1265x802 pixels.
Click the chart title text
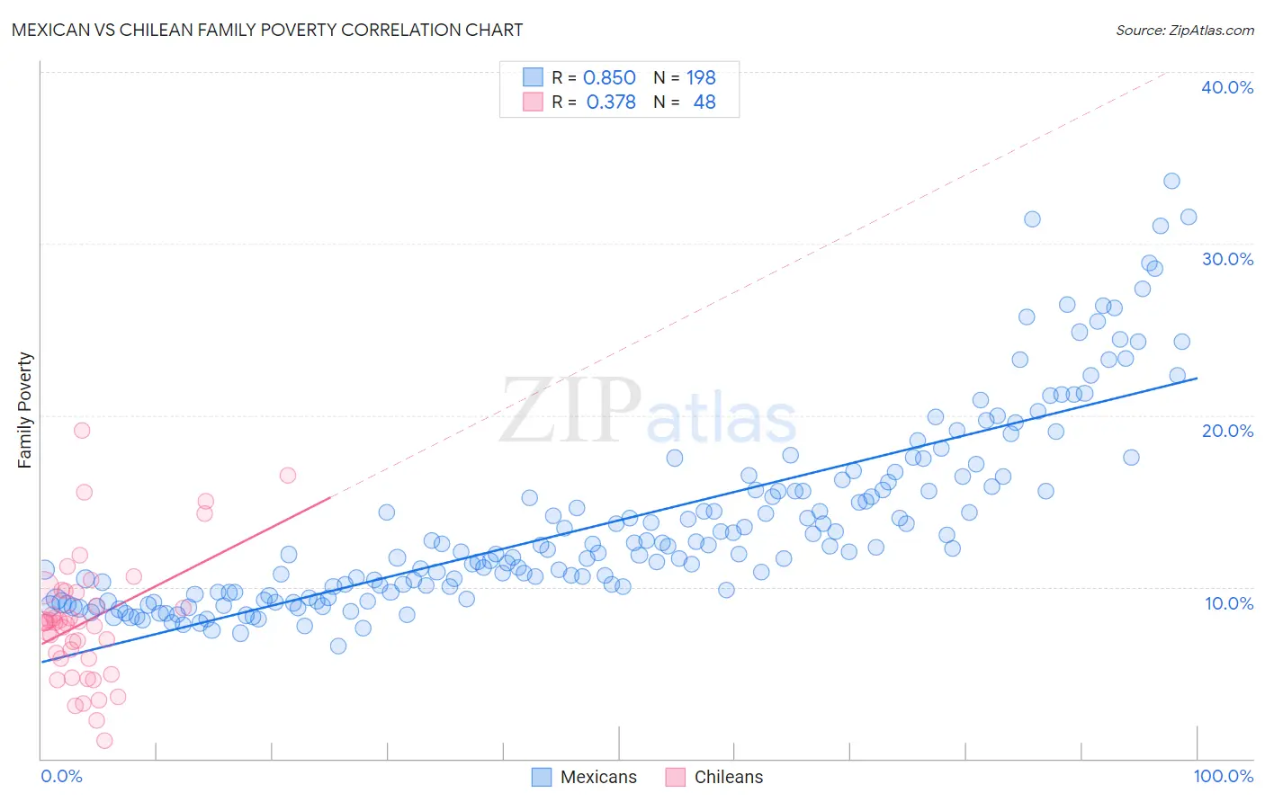(267, 30)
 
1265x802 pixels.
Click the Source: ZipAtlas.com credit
(1184, 30)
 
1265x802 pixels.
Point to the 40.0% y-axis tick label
(1227, 87)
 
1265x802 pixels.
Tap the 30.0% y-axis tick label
(1227, 259)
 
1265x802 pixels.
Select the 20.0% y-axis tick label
(1227, 431)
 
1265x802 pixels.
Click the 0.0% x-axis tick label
(61, 776)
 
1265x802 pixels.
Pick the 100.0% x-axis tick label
(1223, 776)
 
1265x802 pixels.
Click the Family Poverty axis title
(25, 410)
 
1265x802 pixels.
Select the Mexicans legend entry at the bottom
(584, 777)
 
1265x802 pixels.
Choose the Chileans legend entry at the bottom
(714, 777)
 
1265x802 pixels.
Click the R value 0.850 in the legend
(609, 78)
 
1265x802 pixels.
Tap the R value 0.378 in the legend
(611, 102)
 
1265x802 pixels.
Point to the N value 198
(701, 78)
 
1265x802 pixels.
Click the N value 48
(704, 102)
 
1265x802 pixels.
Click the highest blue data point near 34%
(1171, 181)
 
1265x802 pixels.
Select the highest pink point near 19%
(82, 430)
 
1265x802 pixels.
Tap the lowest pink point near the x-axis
(104, 741)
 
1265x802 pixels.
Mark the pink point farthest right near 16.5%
(288, 475)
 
